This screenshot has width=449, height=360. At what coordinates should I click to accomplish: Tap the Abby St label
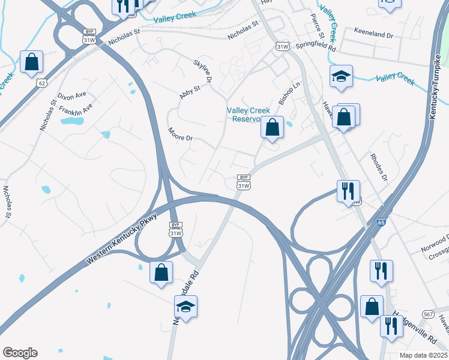pyautogui.click(x=190, y=92)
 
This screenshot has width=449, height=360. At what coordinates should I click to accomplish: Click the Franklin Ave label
pyautogui.click(x=78, y=109)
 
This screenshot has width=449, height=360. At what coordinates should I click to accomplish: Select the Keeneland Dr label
pyautogui.click(x=373, y=35)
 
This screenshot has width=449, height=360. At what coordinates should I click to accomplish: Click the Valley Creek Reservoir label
pyautogui.click(x=249, y=114)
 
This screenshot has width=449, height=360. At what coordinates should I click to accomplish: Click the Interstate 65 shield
pyautogui.click(x=381, y=223)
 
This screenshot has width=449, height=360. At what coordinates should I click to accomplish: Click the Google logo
pyautogui.click(x=20, y=353)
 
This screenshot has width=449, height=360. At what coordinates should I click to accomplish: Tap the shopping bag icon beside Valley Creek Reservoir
pyautogui.click(x=272, y=127)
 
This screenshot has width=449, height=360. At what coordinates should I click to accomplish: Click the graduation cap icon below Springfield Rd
pyautogui.click(x=341, y=76)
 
